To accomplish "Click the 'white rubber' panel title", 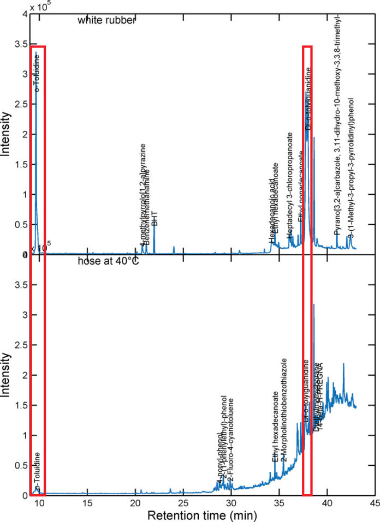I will coord(106,21).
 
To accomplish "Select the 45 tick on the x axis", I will coord(375,501).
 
